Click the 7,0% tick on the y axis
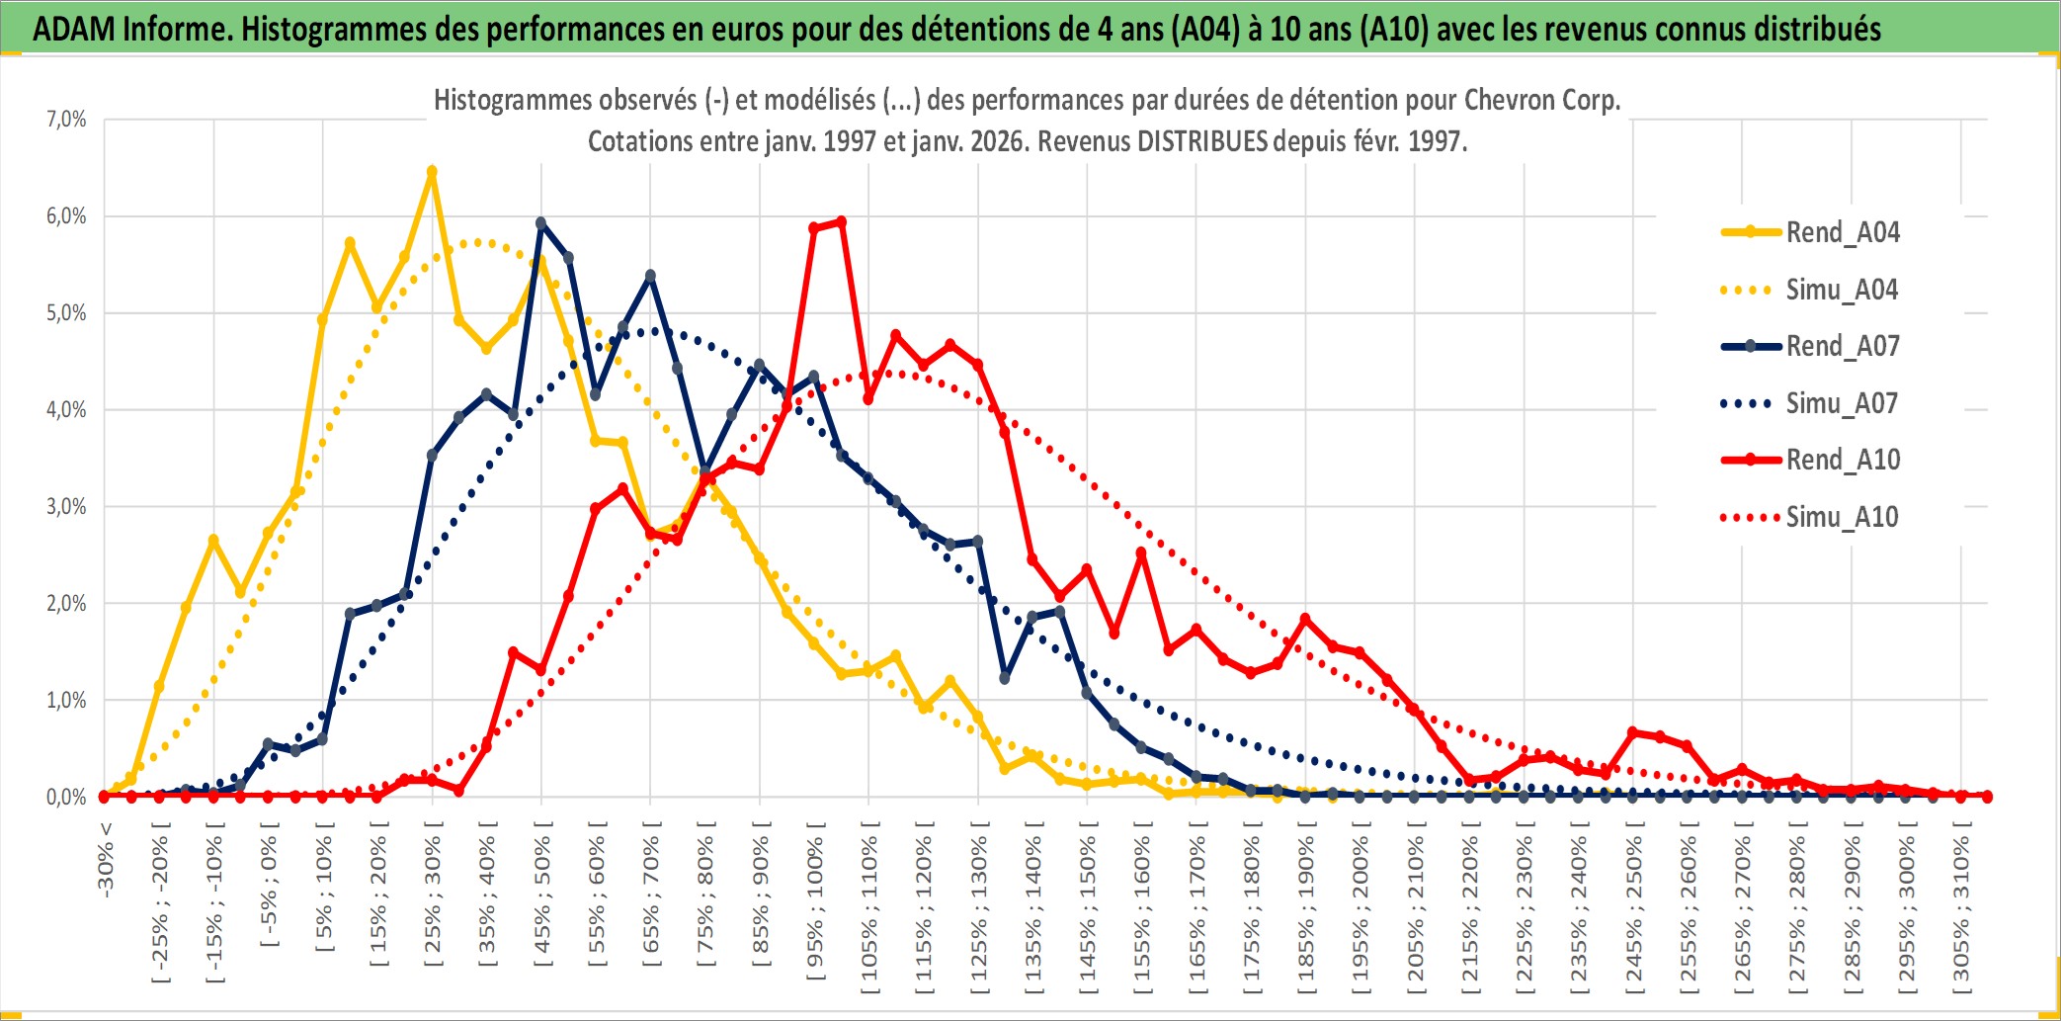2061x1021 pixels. (66, 120)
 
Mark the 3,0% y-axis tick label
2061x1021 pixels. (66, 507)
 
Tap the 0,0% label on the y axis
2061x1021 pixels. (66, 797)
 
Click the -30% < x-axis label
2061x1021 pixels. (106, 858)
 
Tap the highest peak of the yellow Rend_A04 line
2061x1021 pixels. (432, 171)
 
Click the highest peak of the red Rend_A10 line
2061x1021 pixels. (841, 221)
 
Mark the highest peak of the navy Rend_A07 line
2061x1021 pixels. (540, 222)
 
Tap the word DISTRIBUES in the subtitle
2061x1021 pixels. (1201, 141)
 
